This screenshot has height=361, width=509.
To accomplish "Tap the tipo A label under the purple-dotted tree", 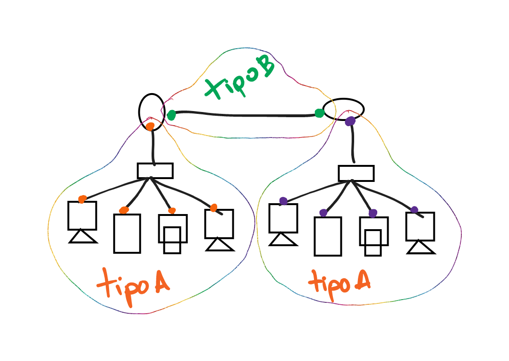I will pyautogui.click(x=339, y=283).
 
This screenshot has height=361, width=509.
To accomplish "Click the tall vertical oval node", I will pyautogui.click(x=152, y=112).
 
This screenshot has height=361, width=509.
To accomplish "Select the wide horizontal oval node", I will pyautogui.click(x=343, y=109).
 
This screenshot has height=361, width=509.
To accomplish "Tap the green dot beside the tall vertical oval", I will pyautogui.click(x=171, y=115).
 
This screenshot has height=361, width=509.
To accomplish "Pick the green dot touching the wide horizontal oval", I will pyautogui.click(x=320, y=113).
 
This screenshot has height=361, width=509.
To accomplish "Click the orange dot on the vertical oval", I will pyautogui.click(x=150, y=126).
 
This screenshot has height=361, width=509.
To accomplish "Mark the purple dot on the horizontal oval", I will pyautogui.click(x=350, y=121).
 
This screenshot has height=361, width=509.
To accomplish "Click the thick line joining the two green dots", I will pyautogui.click(x=246, y=114).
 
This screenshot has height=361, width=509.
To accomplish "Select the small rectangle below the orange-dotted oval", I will pyautogui.click(x=155, y=171).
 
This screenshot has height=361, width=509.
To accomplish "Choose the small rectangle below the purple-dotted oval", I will pyautogui.click(x=356, y=173).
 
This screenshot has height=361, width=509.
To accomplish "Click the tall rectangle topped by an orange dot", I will pyautogui.click(x=127, y=233).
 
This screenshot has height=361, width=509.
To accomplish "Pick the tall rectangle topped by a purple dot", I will pyautogui.click(x=328, y=236).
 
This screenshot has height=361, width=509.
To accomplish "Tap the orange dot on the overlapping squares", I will pyautogui.click(x=172, y=211).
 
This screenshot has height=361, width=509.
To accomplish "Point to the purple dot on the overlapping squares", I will pyautogui.click(x=373, y=213).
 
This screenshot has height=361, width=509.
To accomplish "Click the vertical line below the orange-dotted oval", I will pyautogui.click(x=153, y=146).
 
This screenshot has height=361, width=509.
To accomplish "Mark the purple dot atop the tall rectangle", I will pyautogui.click(x=323, y=213).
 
